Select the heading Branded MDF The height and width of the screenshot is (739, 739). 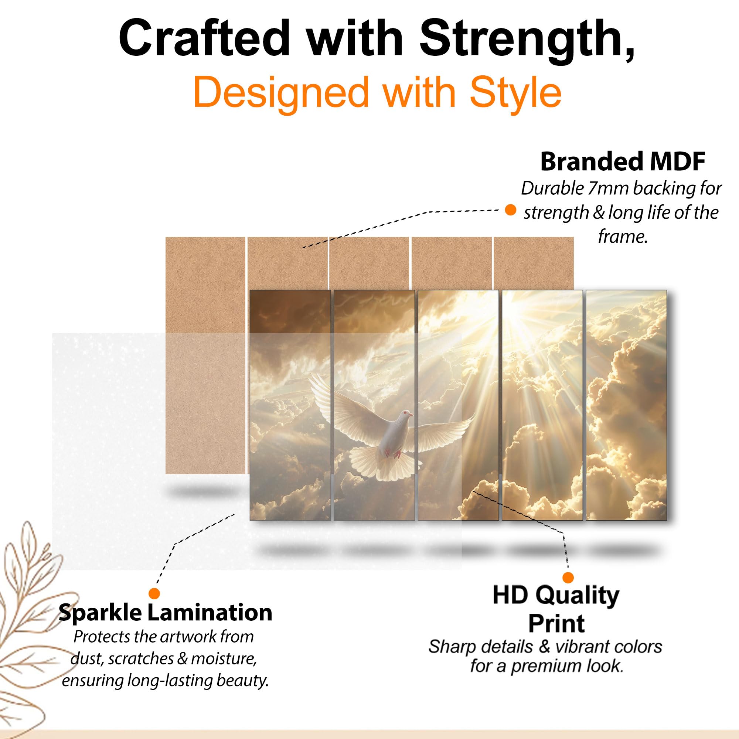tap(623, 162)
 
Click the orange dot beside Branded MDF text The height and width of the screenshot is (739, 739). tap(510, 210)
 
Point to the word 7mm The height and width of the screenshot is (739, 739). tap(609, 188)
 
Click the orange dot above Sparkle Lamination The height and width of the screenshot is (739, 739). tap(154, 594)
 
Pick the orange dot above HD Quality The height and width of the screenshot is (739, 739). tap(568, 578)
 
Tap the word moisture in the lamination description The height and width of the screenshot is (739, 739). tap(224, 658)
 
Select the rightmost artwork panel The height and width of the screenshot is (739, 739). tap(626, 405)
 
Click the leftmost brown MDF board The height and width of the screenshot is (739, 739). tap(205, 355)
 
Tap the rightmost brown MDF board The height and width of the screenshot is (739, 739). tap(534, 263)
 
